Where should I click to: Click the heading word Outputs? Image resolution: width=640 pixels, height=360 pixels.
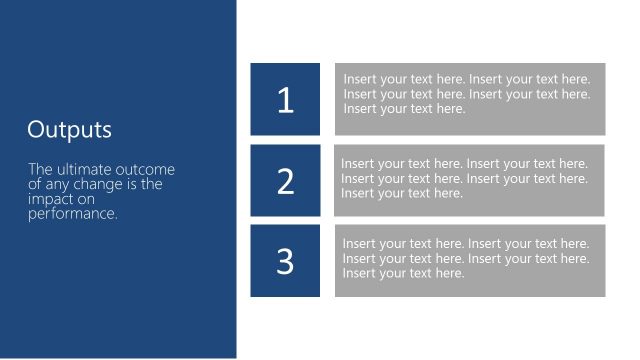pos(70,130)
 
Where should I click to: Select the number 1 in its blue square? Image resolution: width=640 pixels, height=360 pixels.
pos(286,100)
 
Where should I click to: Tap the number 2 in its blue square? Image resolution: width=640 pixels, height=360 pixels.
pos(286,181)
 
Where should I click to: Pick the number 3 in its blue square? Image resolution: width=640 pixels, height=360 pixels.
pos(286,261)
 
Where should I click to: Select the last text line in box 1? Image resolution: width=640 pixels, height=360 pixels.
pos(404,109)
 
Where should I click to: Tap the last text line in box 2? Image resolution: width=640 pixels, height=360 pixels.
pos(402,193)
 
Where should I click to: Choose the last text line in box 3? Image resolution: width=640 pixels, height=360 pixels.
pos(404,273)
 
